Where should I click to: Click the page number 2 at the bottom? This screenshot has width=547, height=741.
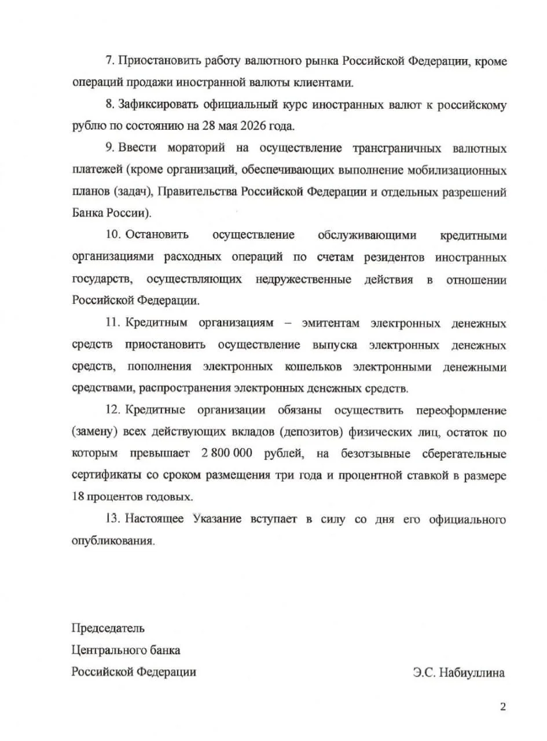[502, 706]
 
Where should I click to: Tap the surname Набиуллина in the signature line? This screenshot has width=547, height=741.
[472, 672]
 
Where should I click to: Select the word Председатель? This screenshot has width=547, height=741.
[108, 628]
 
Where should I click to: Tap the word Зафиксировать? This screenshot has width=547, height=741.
[152, 105]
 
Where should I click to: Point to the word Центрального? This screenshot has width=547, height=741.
[110, 650]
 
